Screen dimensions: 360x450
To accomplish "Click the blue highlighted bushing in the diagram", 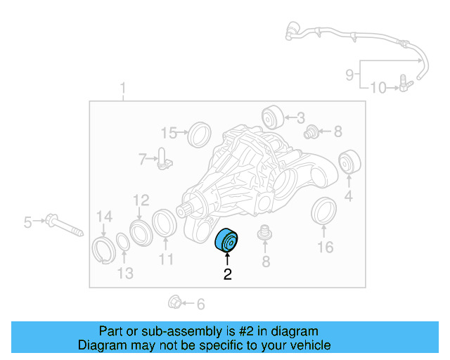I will point(226,241).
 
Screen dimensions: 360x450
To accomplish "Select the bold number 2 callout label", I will point(227,275).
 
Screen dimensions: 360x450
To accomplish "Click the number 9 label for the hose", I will point(349,73).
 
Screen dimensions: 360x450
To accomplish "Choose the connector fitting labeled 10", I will point(404,86).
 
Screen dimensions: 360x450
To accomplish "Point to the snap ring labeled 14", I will point(103,250).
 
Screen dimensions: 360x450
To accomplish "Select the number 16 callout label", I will point(324,247).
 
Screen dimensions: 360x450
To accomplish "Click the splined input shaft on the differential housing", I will point(187,209).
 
